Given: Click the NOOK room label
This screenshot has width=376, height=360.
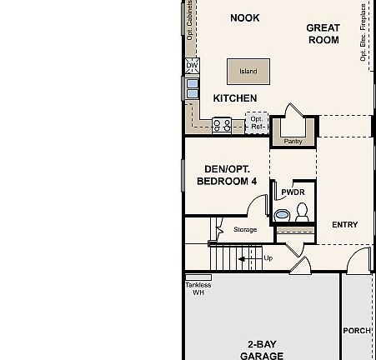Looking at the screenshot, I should (244, 17).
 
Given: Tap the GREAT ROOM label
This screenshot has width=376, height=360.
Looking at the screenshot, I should (323, 33).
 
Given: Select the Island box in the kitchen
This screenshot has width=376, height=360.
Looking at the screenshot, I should (248, 72).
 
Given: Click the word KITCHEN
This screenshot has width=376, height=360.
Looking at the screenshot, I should (235, 98).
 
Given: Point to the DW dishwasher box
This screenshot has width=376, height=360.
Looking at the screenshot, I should (192, 65).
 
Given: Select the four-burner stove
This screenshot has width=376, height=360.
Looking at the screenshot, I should (223, 125).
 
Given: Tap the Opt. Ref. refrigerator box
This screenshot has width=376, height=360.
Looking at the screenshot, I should (257, 122).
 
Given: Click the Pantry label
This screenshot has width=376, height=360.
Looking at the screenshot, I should (293, 142).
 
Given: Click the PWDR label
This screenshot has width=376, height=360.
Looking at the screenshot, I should (293, 192).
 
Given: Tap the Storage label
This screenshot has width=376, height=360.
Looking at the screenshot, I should (245, 229).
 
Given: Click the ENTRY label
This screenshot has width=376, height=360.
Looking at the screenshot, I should (344, 225).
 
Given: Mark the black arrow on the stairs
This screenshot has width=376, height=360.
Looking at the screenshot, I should (247, 258).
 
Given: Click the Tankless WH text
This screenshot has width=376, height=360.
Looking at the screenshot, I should (198, 288).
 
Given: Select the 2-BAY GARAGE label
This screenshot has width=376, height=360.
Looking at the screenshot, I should (262, 350).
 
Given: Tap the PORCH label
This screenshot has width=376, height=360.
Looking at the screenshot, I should (357, 331).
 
